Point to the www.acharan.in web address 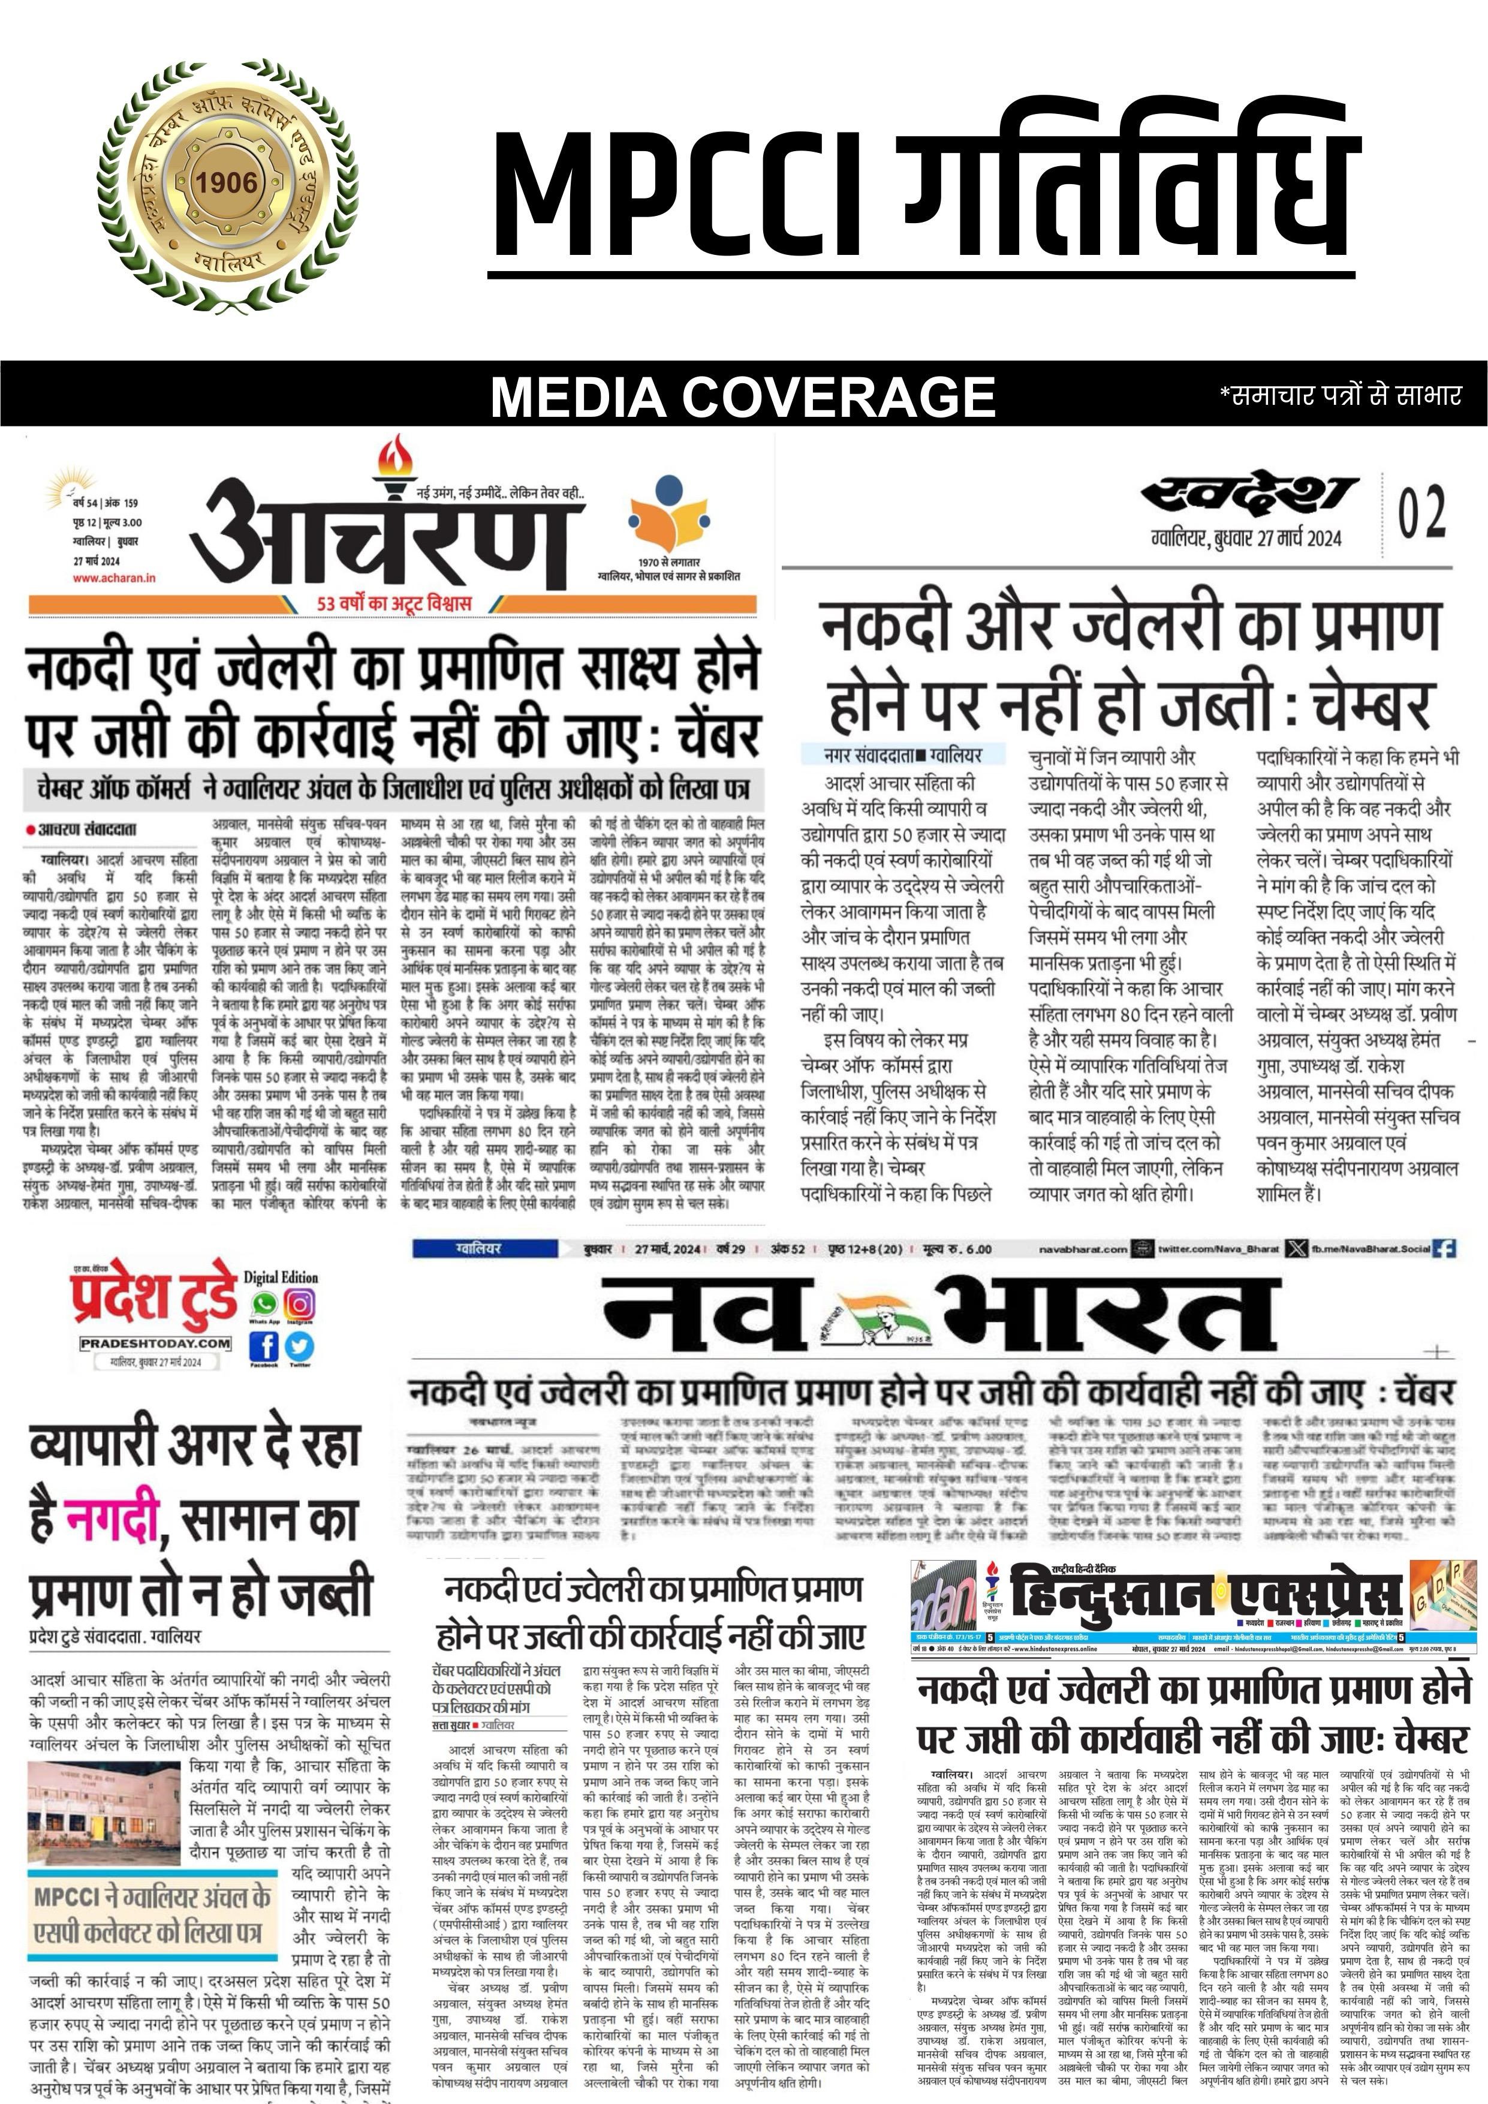pos(115,578)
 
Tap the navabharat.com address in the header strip pos(1082,1249)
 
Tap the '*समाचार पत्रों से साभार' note pos(1339,395)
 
